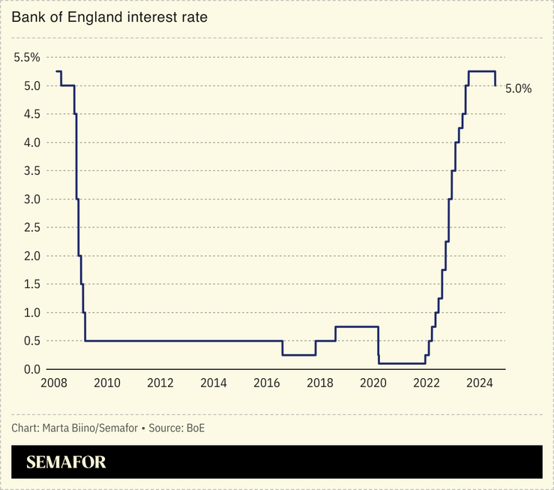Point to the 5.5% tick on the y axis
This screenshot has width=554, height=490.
tap(27, 58)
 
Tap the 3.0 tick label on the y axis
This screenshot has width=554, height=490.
tap(27, 199)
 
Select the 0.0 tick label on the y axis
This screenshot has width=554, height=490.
tap(27, 369)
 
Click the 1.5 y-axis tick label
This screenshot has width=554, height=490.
tap(27, 284)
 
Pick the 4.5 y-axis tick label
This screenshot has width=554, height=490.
tap(27, 114)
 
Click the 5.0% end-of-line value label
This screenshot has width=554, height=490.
tap(518, 89)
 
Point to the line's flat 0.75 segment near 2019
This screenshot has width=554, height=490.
tap(356, 326)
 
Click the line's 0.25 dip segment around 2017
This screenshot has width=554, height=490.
tap(298, 355)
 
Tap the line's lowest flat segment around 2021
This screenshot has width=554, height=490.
tap(402, 363)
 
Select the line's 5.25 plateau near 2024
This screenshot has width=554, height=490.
tap(482, 71)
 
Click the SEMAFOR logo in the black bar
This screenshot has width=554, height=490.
tap(66, 462)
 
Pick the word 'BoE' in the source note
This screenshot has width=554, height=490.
tap(195, 428)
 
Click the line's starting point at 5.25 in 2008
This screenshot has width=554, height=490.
tap(57, 71)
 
